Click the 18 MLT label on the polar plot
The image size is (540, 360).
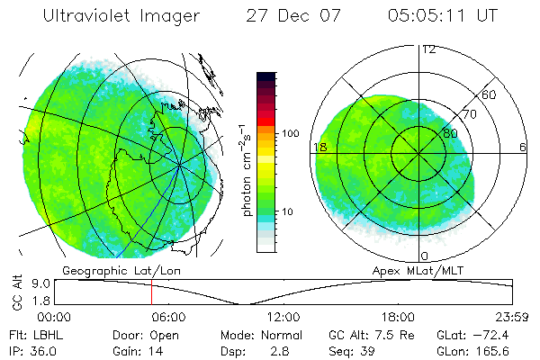click(x=319, y=147)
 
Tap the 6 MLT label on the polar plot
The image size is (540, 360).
click(x=523, y=147)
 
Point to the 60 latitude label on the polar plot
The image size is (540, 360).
click(x=489, y=94)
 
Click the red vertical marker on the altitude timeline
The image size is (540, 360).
click(x=151, y=292)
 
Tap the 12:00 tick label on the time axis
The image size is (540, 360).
click(x=283, y=317)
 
